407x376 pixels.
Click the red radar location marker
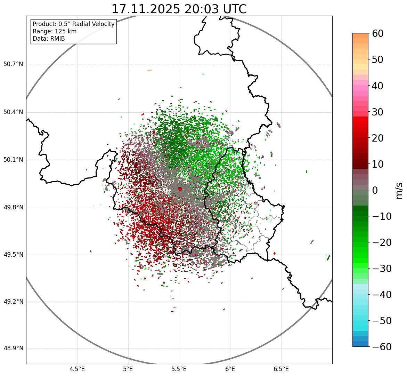tap(180, 189)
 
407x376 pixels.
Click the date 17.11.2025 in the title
tap(146, 9)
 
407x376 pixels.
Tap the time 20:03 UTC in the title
tap(215, 9)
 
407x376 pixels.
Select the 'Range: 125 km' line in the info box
tap(55, 31)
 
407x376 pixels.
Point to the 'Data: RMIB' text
tap(49, 39)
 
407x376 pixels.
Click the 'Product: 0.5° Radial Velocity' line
tap(73, 24)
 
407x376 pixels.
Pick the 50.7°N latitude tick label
tap(13, 64)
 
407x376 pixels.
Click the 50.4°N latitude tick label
tap(13, 112)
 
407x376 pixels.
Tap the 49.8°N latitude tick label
tap(13, 208)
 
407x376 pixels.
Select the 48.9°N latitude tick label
tap(13, 349)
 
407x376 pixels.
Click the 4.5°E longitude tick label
tap(77, 369)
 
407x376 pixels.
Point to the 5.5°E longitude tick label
tap(179, 369)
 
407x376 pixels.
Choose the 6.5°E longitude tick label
tap(281, 369)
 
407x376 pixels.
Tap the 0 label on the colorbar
tap(375, 190)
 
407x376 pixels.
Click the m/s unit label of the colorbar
tap(399, 190)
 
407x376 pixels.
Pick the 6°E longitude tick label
tap(230, 369)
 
